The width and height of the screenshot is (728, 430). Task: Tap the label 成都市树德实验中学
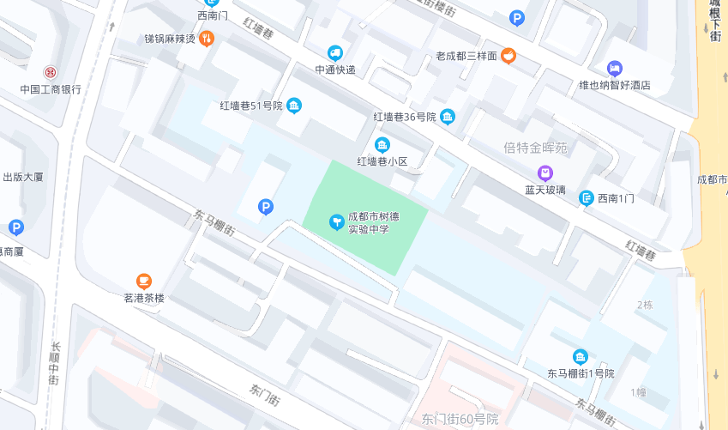[374, 223]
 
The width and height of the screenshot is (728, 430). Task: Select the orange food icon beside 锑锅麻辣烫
[206, 39]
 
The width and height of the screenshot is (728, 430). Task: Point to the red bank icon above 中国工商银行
[51, 72]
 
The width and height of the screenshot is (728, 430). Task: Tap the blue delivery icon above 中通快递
[335, 53]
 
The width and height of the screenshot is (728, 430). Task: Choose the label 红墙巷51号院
[250, 106]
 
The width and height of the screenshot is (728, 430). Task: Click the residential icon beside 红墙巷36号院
[448, 117]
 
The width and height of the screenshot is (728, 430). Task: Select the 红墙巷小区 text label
[382, 160]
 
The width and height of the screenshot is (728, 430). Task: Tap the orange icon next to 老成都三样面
[508, 56]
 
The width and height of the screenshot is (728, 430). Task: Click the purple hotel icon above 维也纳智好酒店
[614, 69]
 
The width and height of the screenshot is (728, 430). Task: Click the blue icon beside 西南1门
[587, 198]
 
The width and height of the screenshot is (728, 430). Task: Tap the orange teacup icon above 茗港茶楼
[144, 281]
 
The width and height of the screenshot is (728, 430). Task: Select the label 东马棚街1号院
[581, 373]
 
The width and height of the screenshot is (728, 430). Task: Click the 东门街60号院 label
[460, 419]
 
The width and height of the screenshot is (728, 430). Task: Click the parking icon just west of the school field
[266, 207]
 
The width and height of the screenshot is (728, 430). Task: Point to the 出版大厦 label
[22, 177]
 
